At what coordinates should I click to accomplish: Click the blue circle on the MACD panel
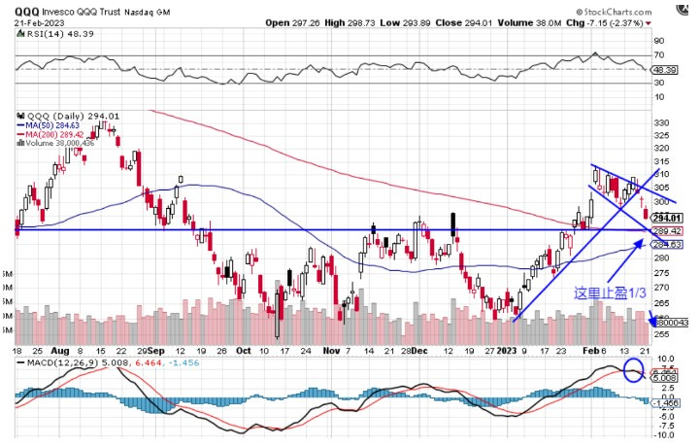[633, 370]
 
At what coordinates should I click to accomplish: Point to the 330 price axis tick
[663, 122]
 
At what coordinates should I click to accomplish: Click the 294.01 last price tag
[668, 218]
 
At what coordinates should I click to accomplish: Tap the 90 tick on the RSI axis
[659, 41]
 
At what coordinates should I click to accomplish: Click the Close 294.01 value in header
[457, 21]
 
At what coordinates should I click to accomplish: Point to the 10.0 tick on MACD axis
[664, 359]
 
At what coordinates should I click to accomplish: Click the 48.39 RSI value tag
[666, 70]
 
